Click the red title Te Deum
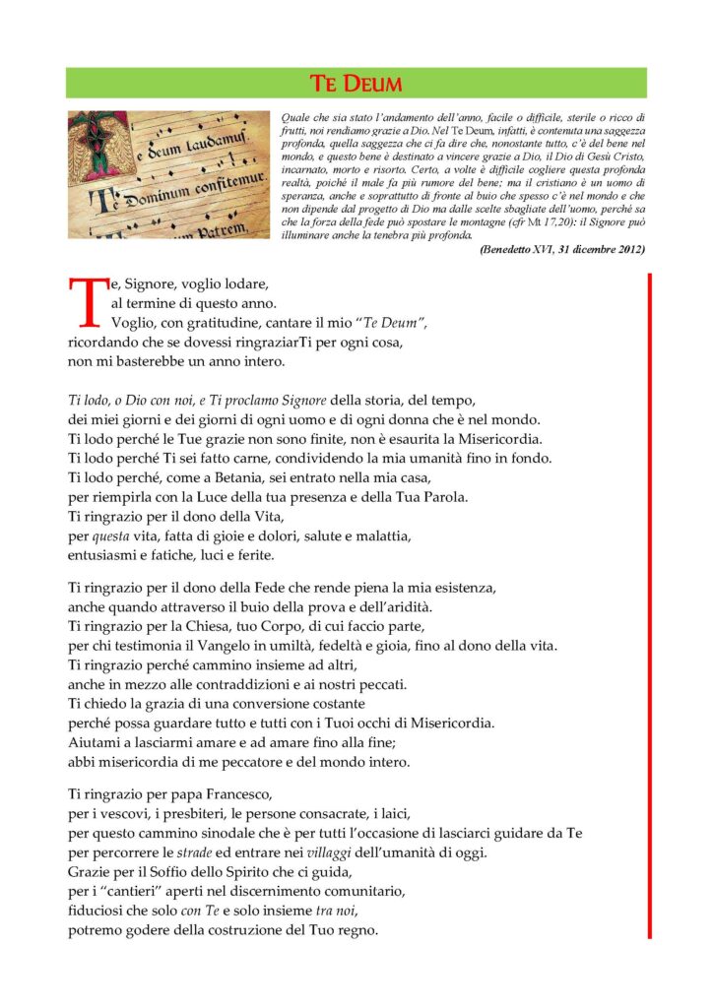click(356, 83)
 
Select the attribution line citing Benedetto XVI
click(562, 250)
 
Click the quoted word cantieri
click(133, 892)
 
